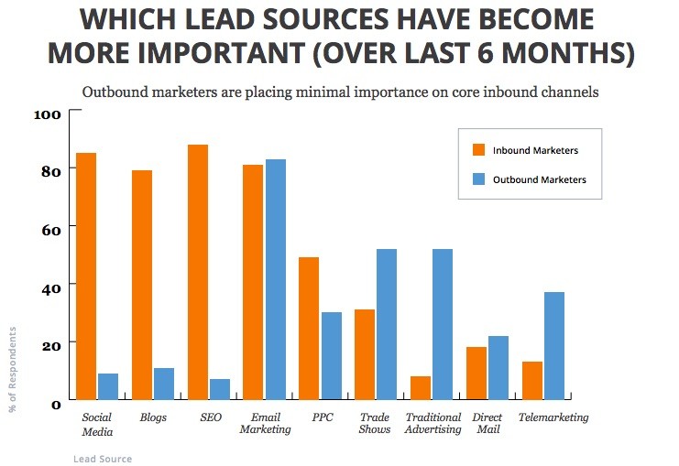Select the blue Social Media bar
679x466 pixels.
tap(108, 386)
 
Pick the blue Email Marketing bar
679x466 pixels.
tap(275, 279)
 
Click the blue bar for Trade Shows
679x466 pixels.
tap(386, 324)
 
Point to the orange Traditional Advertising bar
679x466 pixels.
tap(421, 388)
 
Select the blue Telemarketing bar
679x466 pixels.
tap(553, 346)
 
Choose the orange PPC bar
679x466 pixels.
tap(309, 329)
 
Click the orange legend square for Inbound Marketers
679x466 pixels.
tap(477, 150)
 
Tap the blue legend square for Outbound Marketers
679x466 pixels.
tap(477, 179)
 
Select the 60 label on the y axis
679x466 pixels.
tap(49, 229)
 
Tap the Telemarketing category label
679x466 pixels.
tap(553, 418)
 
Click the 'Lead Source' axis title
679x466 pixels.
tap(103, 459)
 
